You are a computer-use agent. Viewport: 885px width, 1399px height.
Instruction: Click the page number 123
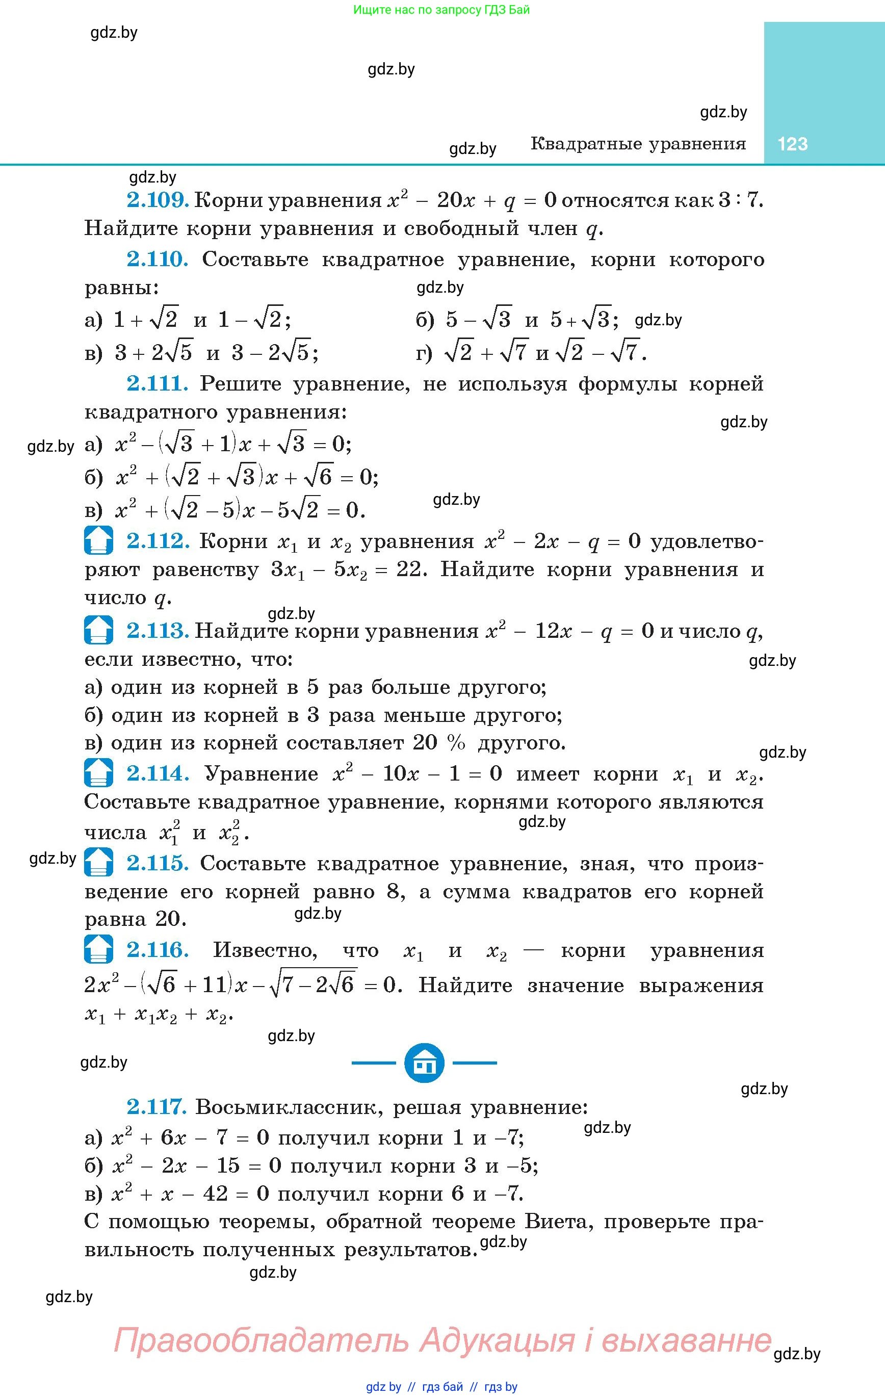click(x=792, y=144)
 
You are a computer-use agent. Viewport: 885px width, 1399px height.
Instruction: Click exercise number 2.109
click(x=158, y=200)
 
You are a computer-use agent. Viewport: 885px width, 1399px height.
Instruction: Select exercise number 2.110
click(x=158, y=260)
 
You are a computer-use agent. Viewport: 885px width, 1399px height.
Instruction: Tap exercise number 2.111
click(x=158, y=384)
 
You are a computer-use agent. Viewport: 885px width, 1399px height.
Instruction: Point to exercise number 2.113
click(x=158, y=631)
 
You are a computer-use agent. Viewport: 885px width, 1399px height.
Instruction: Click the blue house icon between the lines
click(x=424, y=1063)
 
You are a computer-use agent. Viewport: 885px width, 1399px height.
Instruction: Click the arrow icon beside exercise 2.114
click(x=98, y=773)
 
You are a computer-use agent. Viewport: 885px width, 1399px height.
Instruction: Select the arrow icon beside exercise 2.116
click(x=98, y=950)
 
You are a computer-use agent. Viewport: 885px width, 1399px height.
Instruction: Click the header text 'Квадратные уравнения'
click(x=638, y=144)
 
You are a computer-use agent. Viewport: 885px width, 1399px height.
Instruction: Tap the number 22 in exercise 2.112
click(x=411, y=569)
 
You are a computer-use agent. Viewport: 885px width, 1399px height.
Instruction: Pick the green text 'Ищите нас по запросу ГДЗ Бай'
click(x=441, y=10)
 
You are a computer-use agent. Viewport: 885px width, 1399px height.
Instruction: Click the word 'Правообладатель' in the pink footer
click(x=262, y=1340)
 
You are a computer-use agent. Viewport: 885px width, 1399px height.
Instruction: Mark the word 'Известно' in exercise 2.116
click(x=265, y=950)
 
